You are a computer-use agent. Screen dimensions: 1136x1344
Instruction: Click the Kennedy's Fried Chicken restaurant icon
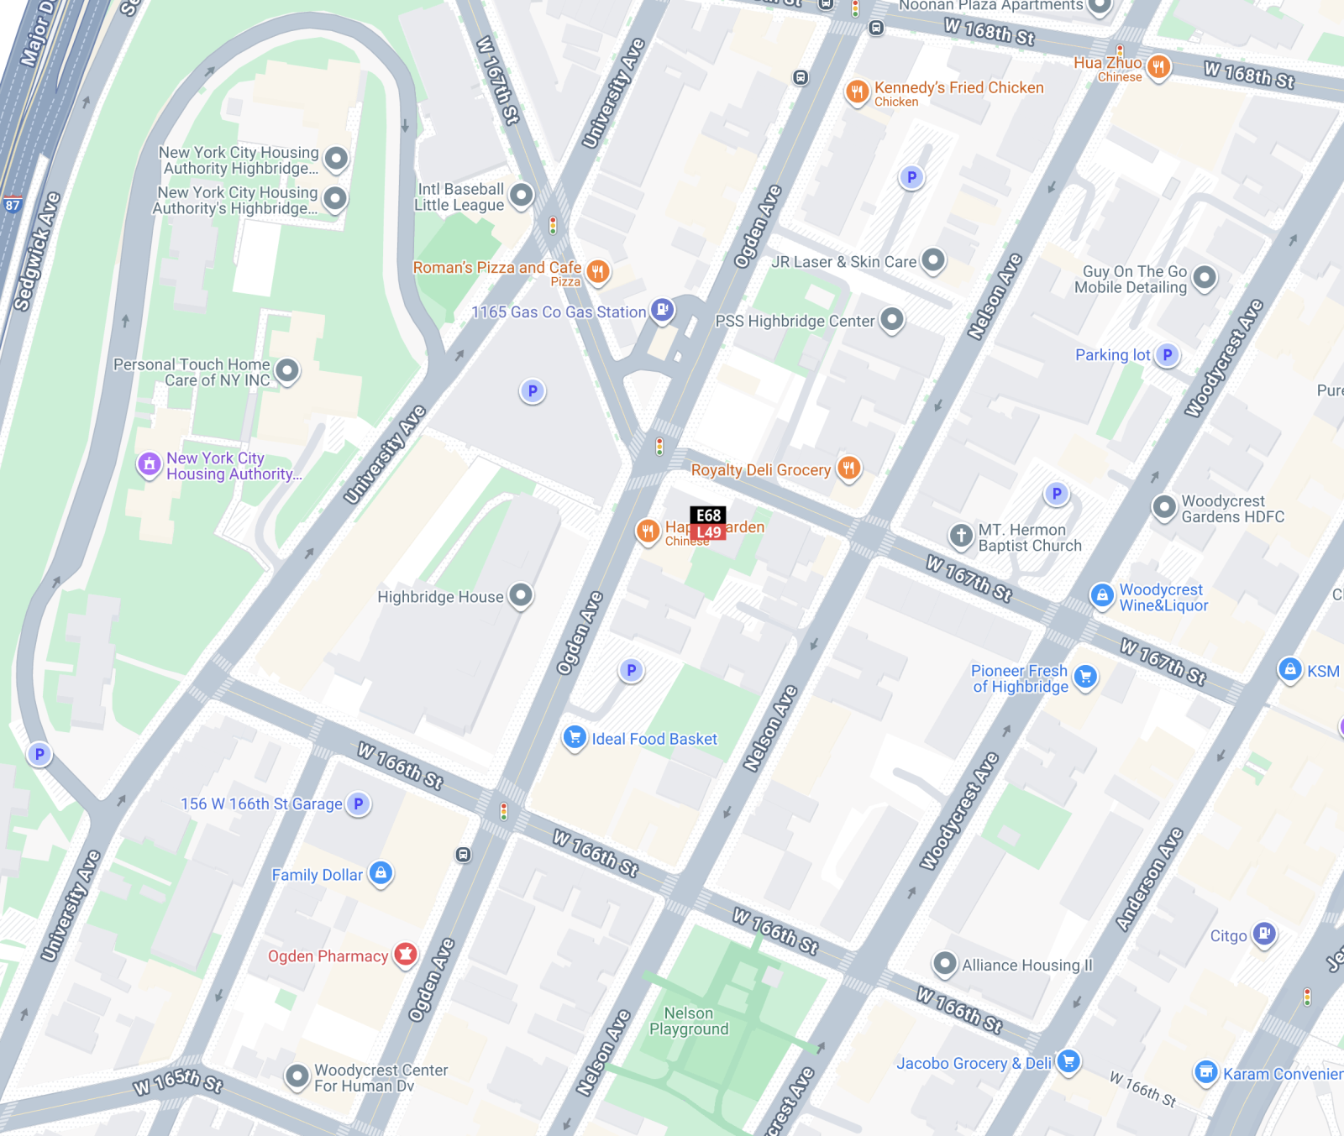pyautogui.click(x=857, y=91)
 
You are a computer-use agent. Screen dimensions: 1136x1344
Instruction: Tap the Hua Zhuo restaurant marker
pyautogui.click(x=1158, y=66)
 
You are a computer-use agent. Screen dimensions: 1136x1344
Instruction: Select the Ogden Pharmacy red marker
pyautogui.click(x=406, y=954)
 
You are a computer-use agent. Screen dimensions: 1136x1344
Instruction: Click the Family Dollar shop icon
pyautogui.click(x=381, y=873)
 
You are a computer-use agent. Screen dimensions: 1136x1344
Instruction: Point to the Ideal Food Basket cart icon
pyautogui.click(x=575, y=737)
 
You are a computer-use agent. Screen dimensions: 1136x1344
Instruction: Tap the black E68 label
pyautogui.click(x=708, y=516)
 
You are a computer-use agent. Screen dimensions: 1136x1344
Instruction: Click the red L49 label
pyautogui.click(x=709, y=532)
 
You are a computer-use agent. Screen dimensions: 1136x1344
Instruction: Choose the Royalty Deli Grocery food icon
pyautogui.click(x=849, y=468)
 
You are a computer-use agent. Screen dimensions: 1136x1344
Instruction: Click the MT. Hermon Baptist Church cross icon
pyautogui.click(x=961, y=535)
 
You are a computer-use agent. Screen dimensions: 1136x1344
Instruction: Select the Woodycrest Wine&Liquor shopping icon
pyautogui.click(x=1102, y=595)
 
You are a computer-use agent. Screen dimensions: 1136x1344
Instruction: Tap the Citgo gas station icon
pyautogui.click(x=1264, y=934)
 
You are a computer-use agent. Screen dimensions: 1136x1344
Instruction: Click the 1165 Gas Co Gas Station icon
pyautogui.click(x=663, y=310)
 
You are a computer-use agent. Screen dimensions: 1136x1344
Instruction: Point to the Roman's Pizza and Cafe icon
pyautogui.click(x=598, y=270)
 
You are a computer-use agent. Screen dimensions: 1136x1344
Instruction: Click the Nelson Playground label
pyautogui.click(x=689, y=1021)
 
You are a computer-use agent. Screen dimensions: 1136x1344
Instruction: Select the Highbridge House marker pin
pyautogui.click(x=522, y=595)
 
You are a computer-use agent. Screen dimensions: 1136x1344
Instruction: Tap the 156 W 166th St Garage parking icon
pyautogui.click(x=359, y=804)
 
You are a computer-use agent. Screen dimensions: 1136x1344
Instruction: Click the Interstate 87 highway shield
pyautogui.click(x=13, y=205)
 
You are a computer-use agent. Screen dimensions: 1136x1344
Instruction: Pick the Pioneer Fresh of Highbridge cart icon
pyautogui.click(x=1085, y=676)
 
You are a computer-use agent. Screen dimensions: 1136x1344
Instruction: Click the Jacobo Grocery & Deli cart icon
pyautogui.click(x=1068, y=1061)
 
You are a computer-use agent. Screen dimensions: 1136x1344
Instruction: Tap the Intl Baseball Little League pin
pyautogui.click(x=522, y=196)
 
